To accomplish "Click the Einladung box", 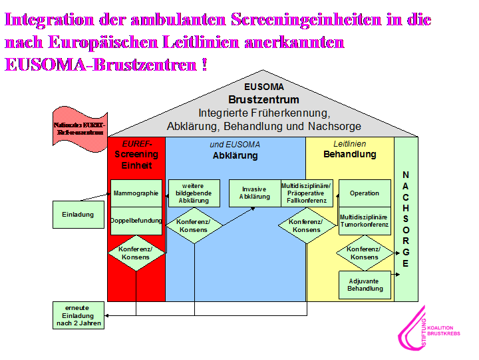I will [73, 215].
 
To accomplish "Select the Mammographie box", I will [136, 193].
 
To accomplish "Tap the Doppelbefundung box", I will [136, 221].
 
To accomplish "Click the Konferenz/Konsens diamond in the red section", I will [136, 253].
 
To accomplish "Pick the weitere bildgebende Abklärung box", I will [194, 193].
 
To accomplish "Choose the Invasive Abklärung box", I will [255, 193].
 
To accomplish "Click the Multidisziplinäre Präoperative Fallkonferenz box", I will [307, 193].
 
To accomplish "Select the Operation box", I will [365, 193].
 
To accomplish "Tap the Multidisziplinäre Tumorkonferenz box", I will [365, 221].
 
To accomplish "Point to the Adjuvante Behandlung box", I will [365, 285].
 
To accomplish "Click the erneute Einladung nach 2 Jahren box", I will [79, 315].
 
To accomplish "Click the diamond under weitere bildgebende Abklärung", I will [194, 225].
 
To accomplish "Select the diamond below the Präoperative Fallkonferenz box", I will [307, 225].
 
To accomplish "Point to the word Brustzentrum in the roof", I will [264, 99].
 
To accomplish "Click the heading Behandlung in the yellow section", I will [349, 155].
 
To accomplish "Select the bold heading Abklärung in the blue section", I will [235, 156].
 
